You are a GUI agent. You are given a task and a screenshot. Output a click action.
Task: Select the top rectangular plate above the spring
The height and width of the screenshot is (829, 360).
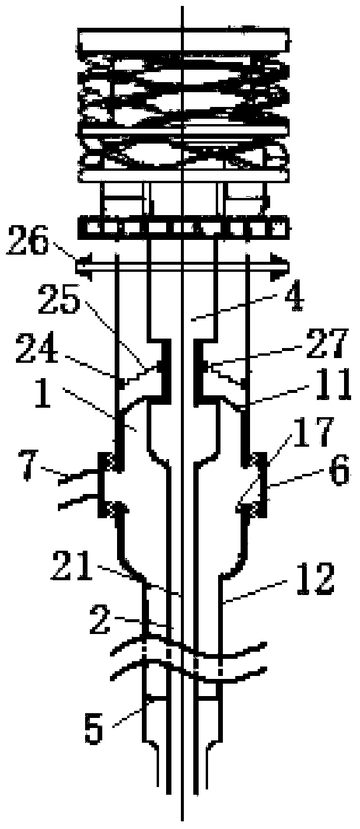click(x=183, y=41)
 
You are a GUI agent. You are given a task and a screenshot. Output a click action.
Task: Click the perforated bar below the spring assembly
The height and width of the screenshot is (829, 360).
click(x=183, y=226)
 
